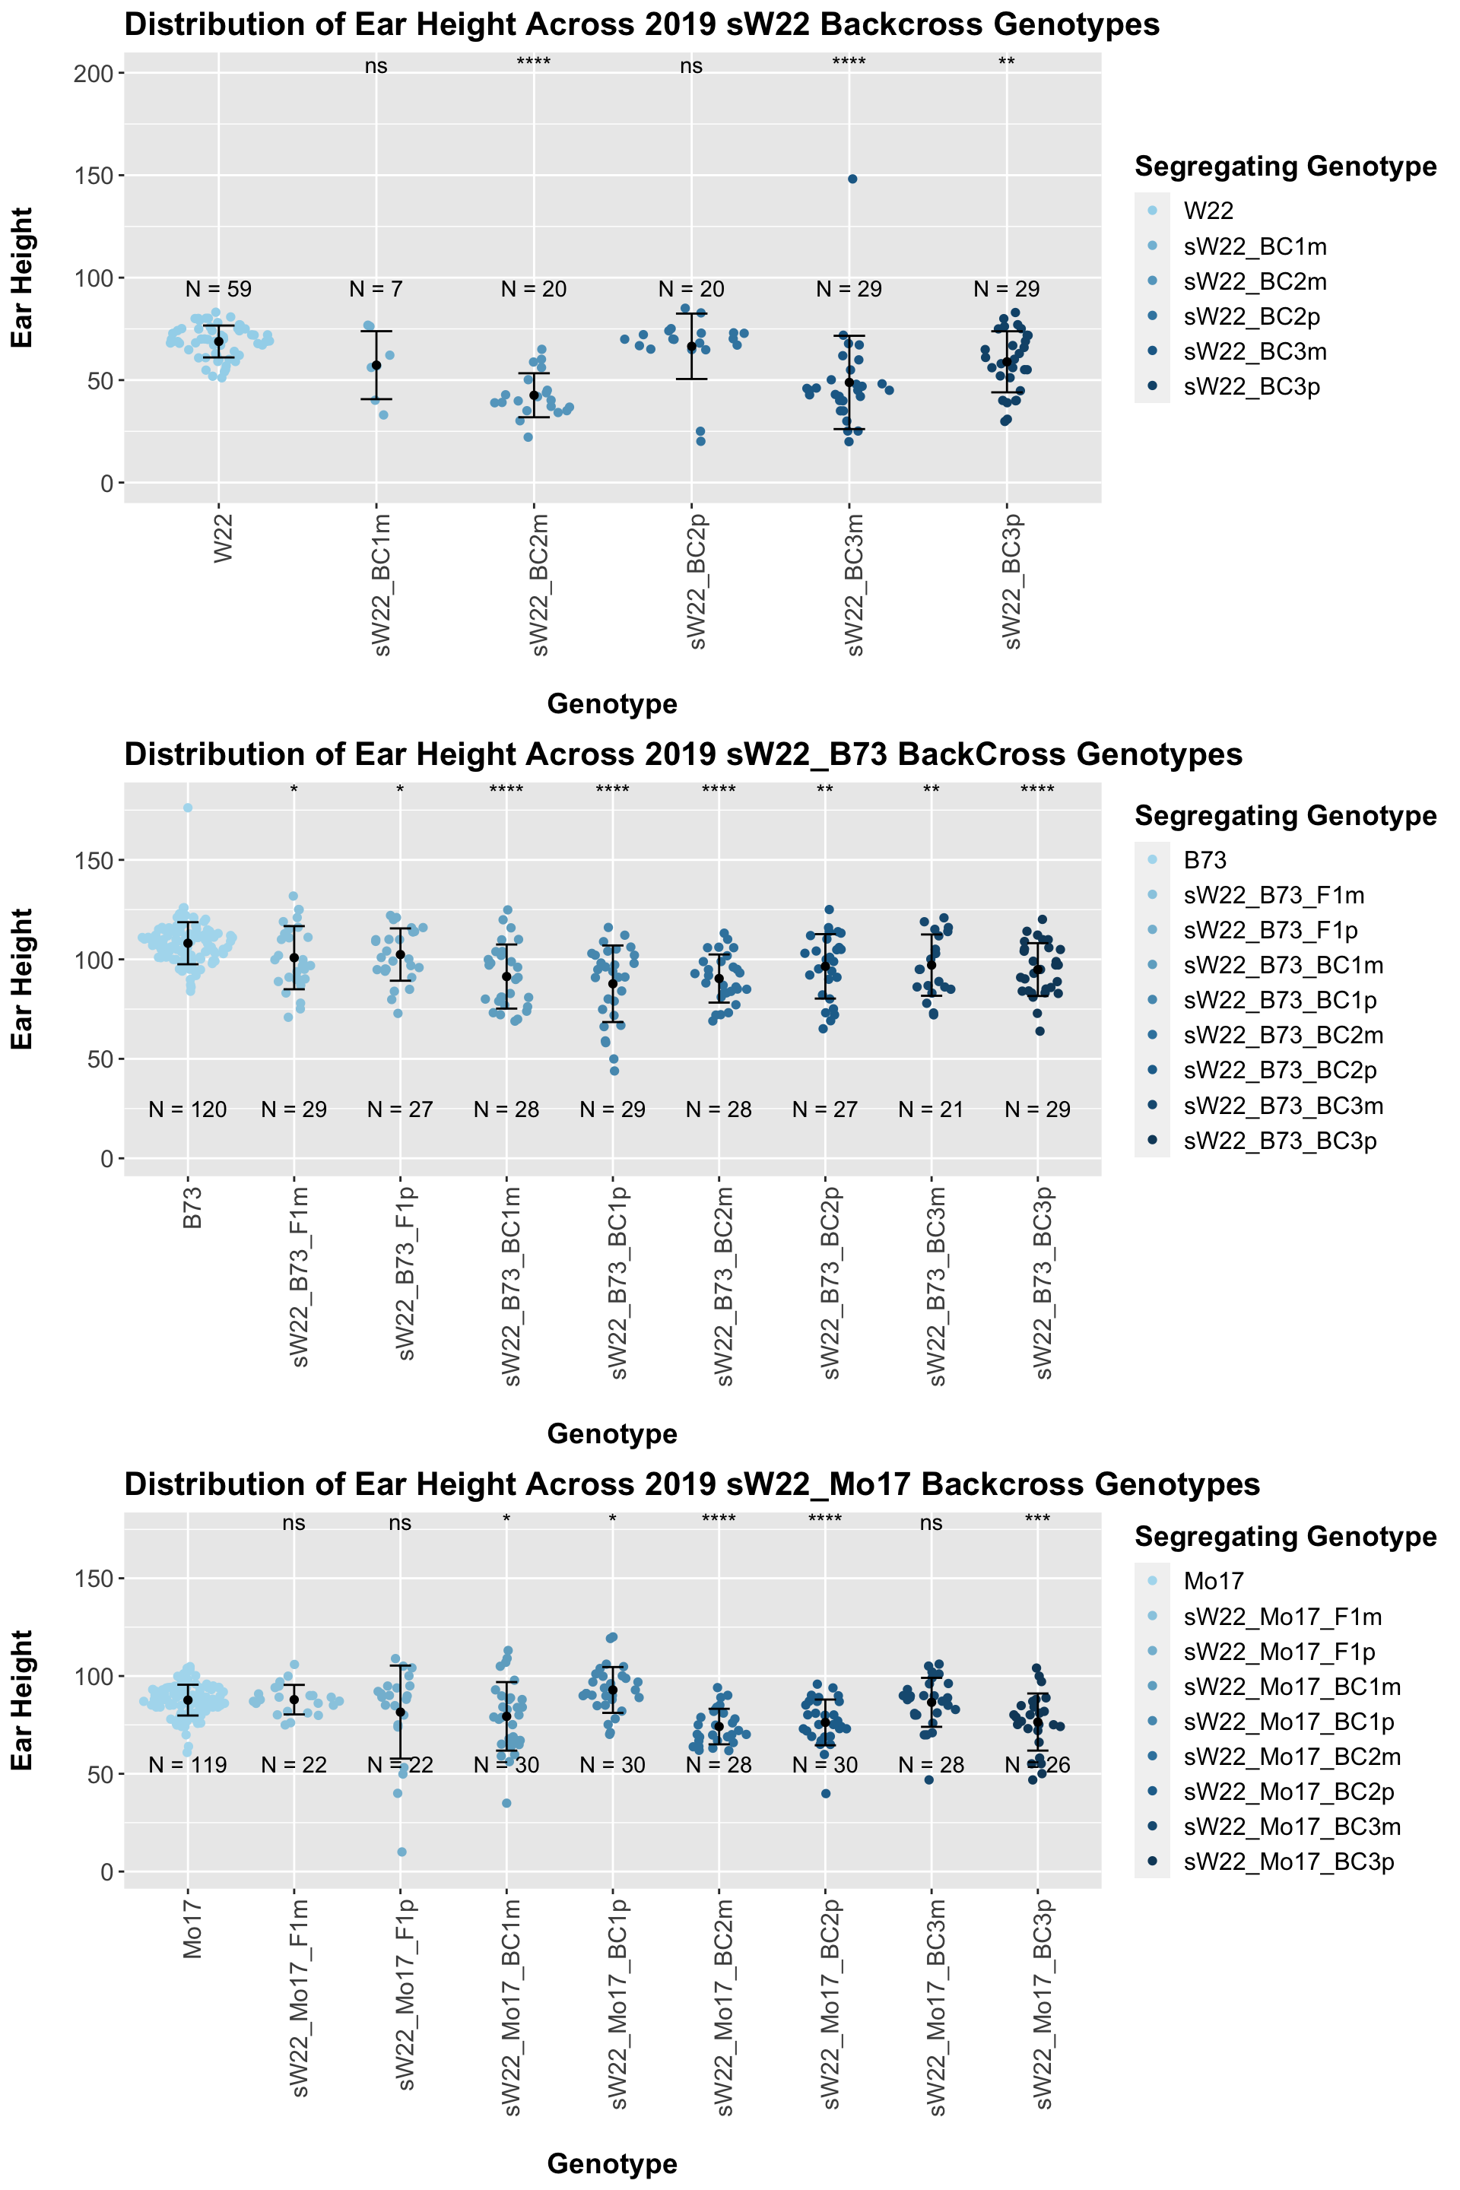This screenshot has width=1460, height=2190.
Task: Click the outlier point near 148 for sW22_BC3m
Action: click(x=852, y=179)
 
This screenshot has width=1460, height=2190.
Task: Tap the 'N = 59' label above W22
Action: click(x=218, y=290)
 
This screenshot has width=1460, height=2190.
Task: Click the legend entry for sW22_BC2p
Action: click(x=1252, y=316)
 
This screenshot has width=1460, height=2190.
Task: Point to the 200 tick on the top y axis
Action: click(x=93, y=73)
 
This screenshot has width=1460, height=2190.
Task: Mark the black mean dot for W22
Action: click(x=218, y=341)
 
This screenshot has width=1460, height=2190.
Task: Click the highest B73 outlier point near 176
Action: click(x=188, y=808)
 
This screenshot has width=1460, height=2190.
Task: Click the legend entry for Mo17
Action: click(x=1214, y=1581)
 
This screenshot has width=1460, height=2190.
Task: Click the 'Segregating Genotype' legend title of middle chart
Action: click(x=1285, y=816)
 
